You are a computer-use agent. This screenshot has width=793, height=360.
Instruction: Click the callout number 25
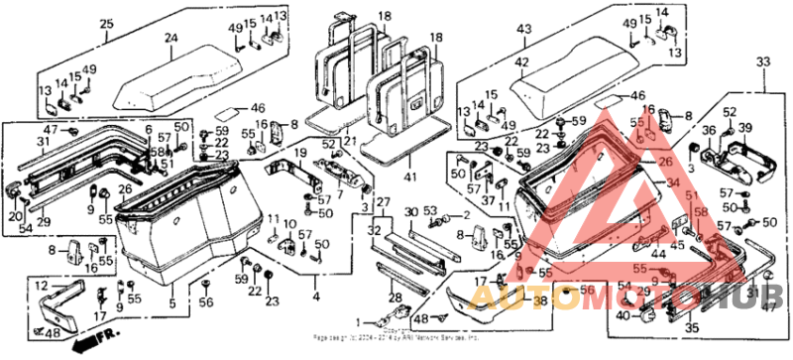(x=106, y=20)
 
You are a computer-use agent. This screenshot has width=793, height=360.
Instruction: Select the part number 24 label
(x=170, y=40)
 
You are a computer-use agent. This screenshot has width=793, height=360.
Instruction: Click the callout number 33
(x=762, y=61)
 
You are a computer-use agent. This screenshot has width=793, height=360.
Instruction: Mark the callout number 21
(x=351, y=143)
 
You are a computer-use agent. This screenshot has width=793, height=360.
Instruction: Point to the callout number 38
(x=539, y=300)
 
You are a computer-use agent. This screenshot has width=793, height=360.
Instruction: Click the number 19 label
(x=297, y=153)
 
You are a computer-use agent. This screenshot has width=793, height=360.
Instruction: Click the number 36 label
(x=709, y=129)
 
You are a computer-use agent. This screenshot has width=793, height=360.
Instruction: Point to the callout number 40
(x=622, y=316)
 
